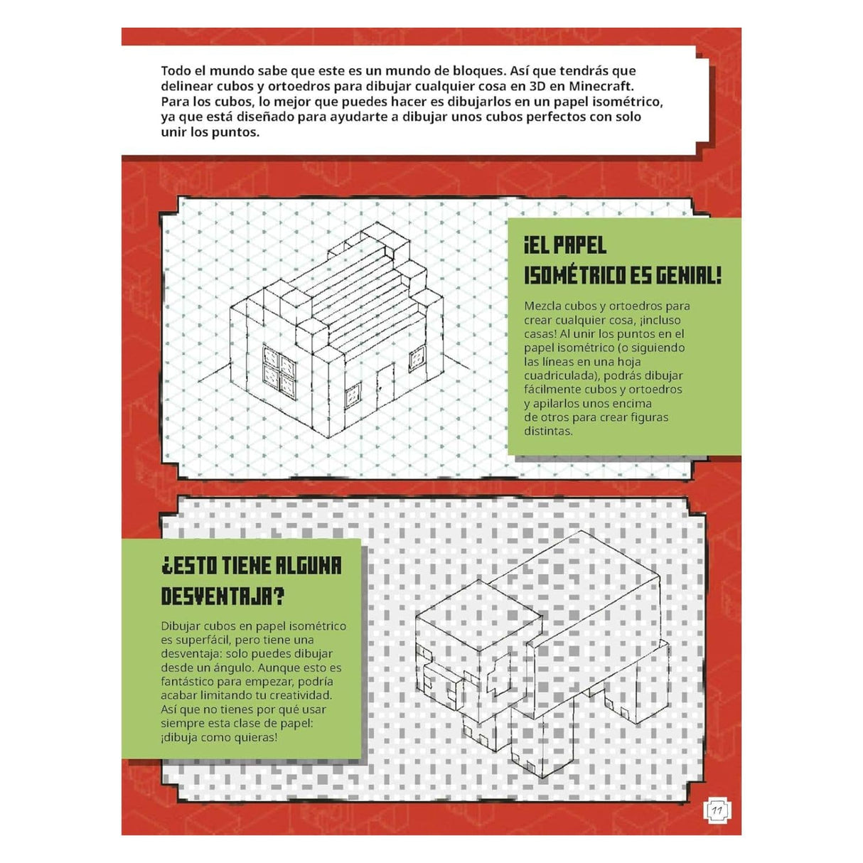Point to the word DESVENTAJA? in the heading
pos(223,596)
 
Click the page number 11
pos(717,810)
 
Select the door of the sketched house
pos(385,385)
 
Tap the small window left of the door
pos(353,396)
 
